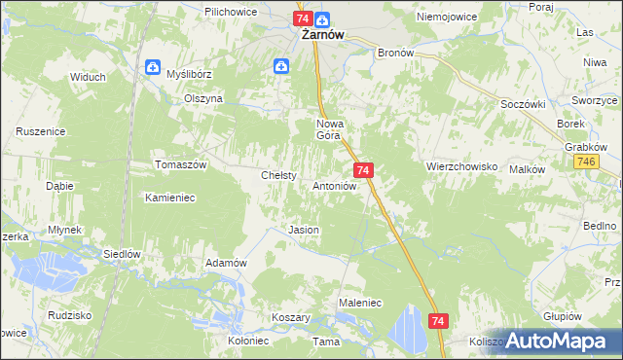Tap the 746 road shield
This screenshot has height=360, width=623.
[x=586, y=162]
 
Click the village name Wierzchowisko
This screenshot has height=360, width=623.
[x=461, y=166]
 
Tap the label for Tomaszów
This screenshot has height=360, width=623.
[x=182, y=165]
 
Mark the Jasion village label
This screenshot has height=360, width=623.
[x=304, y=230]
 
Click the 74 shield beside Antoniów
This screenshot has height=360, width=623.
[x=362, y=170]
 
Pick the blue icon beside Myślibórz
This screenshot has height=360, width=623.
[x=152, y=67]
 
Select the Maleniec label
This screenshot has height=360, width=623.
[x=359, y=304]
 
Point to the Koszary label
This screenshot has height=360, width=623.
[x=291, y=318]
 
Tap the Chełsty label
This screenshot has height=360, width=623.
[x=278, y=175]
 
